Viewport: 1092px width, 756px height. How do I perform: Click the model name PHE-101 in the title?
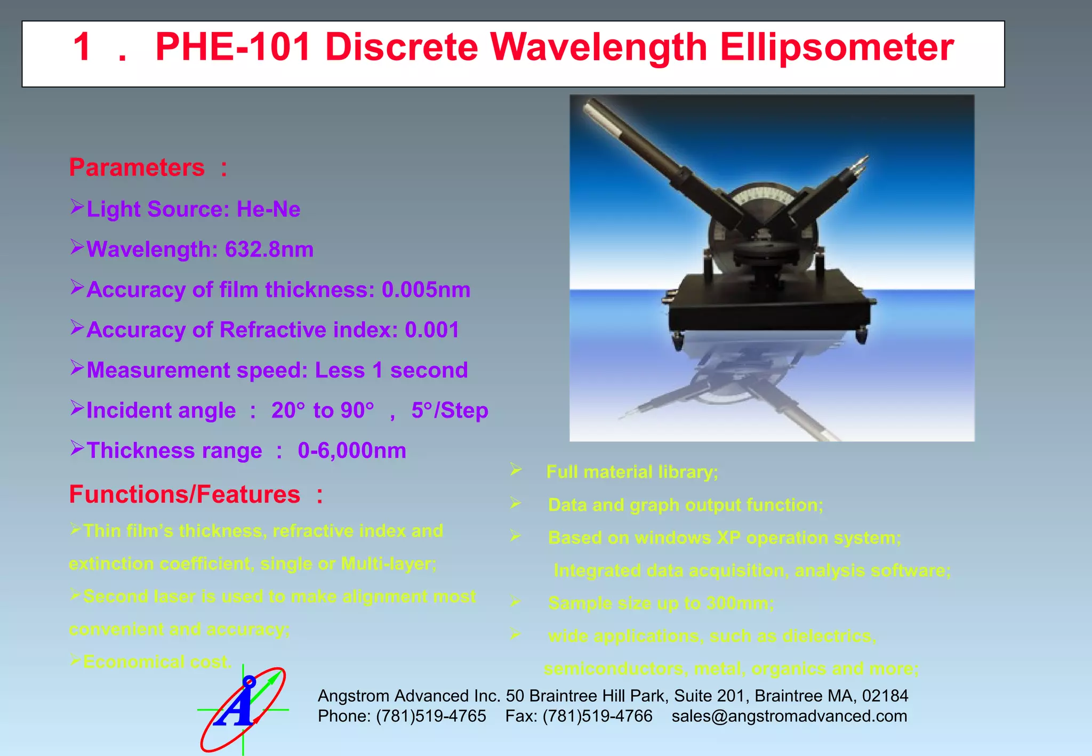pos(232,47)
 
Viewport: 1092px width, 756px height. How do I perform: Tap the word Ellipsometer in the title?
pos(837,47)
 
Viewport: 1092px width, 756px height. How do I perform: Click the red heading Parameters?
pos(137,167)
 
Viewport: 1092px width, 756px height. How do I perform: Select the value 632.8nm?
pos(269,250)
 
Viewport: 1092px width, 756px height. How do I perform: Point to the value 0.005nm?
pos(425,289)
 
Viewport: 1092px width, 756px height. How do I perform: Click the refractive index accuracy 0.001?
pos(431,330)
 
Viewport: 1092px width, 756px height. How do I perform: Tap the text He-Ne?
pos(268,210)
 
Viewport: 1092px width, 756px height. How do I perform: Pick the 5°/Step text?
pos(449,411)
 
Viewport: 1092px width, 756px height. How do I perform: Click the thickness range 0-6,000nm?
pos(351,451)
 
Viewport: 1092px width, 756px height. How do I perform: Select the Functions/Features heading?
pos(184,494)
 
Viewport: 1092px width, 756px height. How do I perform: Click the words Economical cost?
pos(157,662)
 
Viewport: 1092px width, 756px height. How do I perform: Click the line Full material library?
pos(632,472)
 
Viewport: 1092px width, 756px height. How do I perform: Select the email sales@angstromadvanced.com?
pos(789,716)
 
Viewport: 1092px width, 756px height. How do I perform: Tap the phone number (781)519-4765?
pos(431,716)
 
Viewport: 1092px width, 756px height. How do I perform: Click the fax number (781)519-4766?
pos(597,716)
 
